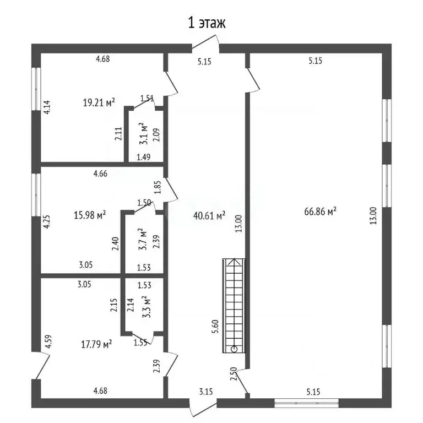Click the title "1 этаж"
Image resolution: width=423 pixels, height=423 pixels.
(x=207, y=23)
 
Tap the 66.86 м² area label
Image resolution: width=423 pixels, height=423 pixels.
(x=320, y=211)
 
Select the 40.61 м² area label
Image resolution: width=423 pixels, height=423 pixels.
(x=209, y=215)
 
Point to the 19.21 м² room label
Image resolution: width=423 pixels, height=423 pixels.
(x=99, y=102)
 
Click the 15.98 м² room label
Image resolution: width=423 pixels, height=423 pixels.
(x=90, y=215)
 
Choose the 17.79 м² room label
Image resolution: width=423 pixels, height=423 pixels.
(x=96, y=344)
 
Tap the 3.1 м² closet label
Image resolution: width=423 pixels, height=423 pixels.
(x=144, y=133)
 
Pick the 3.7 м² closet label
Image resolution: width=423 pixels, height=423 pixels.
(x=143, y=239)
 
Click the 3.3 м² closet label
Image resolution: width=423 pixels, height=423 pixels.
(x=146, y=307)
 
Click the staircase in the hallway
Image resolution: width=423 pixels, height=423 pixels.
(x=234, y=306)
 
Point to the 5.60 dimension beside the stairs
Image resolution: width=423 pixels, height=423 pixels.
(x=215, y=327)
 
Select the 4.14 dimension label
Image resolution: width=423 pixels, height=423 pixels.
(x=47, y=107)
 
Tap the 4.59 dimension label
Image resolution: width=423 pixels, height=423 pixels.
(x=48, y=341)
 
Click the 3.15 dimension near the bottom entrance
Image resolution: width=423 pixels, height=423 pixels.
(x=206, y=392)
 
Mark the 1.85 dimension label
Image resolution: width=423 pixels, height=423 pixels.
(x=158, y=187)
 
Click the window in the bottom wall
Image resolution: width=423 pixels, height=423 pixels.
(x=306, y=403)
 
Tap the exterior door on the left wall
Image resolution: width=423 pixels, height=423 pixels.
(x=41, y=366)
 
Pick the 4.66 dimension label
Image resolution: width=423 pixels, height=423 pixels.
(x=100, y=173)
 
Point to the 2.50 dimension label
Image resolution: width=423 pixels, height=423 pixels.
(x=234, y=373)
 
